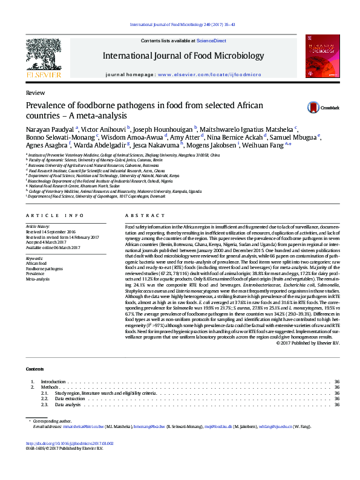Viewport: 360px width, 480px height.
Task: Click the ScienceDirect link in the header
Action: pos(211,41)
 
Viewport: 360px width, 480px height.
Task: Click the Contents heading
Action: pos(34,369)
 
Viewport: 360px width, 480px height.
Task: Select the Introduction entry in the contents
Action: pos(53,382)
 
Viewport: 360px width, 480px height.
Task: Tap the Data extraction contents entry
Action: pos(70,399)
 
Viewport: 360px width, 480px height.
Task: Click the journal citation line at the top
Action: pos(180,25)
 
